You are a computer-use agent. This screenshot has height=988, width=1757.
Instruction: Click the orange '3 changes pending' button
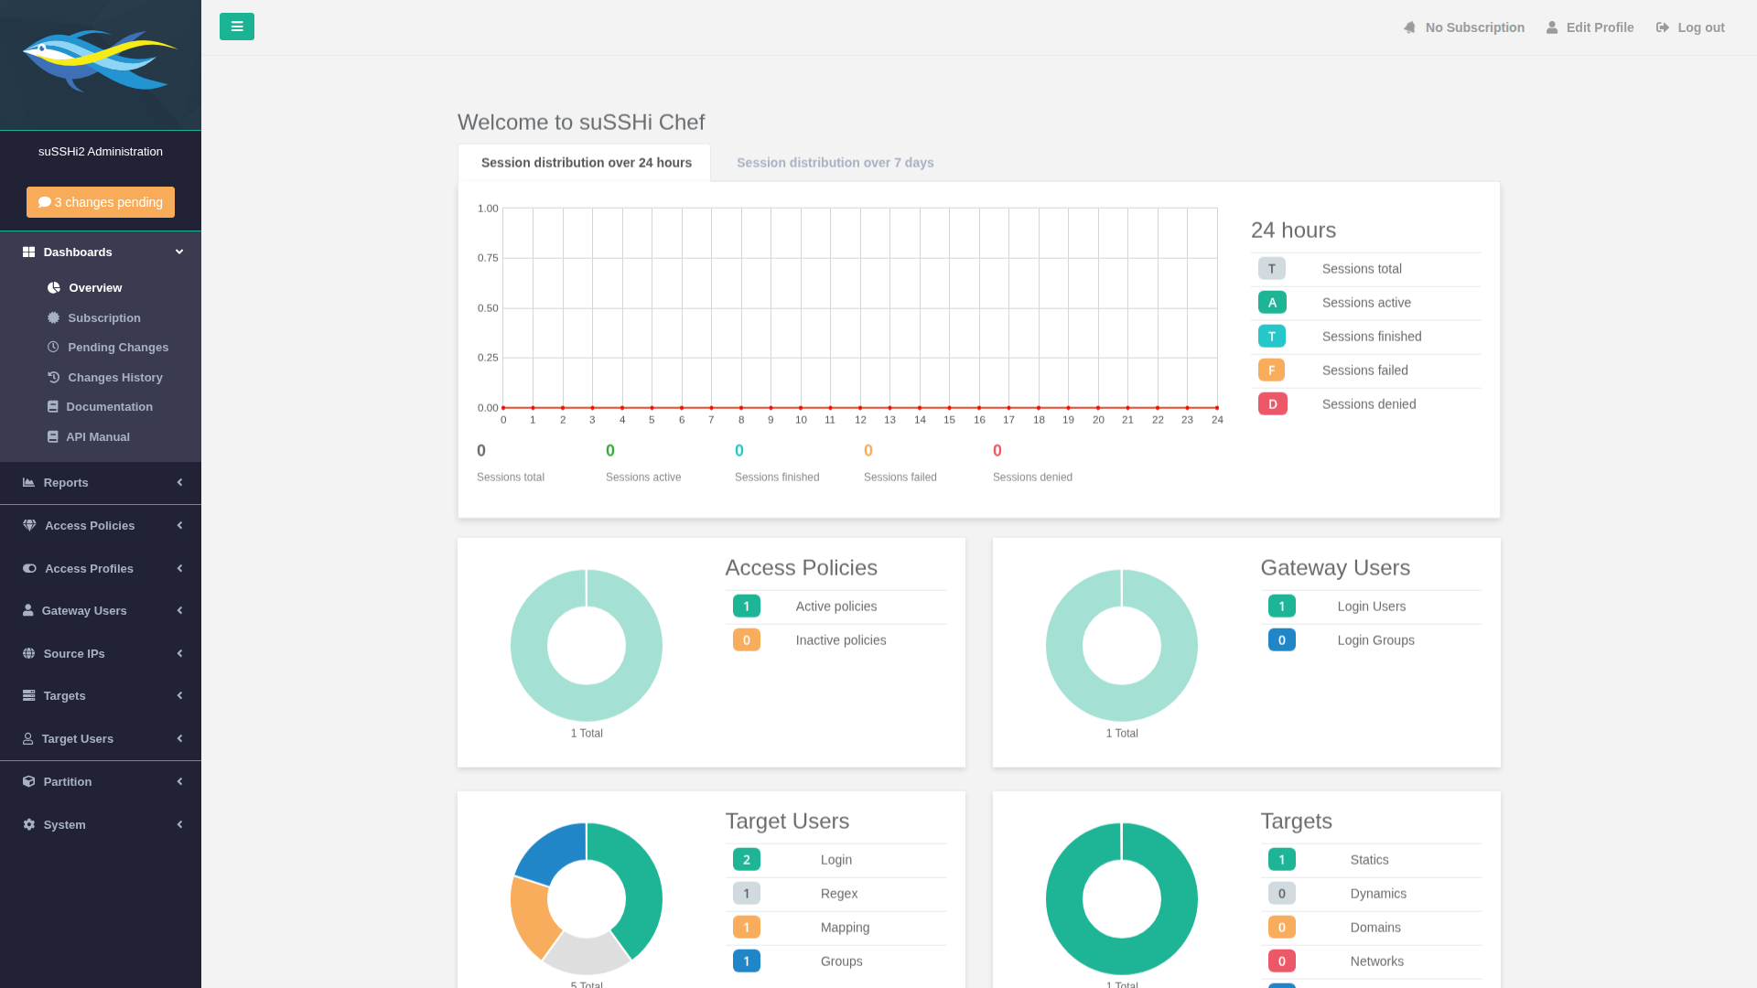tap(101, 202)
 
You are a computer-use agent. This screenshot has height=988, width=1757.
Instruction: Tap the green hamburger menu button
tap(237, 27)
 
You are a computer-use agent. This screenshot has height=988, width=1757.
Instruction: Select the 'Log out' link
tap(1690, 27)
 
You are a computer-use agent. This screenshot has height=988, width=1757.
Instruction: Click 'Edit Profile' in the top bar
tap(1590, 27)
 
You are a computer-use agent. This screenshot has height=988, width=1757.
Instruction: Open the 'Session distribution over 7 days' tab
tap(835, 163)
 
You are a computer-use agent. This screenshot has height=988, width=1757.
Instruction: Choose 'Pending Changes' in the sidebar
tap(118, 348)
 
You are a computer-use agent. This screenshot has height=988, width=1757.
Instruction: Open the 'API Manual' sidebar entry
tap(98, 437)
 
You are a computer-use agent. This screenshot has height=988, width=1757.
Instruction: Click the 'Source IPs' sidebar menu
tap(74, 653)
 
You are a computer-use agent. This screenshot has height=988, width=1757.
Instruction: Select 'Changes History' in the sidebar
tap(115, 378)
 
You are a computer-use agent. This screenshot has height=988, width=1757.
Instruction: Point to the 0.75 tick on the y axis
tap(488, 258)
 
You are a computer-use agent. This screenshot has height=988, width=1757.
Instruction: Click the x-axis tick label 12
tap(860, 420)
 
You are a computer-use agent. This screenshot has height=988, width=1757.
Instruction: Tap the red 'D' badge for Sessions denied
tap(1273, 403)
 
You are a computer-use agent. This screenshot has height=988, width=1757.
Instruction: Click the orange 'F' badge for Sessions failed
tap(1271, 370)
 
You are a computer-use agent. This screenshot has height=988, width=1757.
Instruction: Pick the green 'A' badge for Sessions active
tap(1272, 302)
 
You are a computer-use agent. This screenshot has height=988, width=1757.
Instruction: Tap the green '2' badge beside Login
tap(747, 859)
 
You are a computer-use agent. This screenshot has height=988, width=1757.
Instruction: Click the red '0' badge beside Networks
tap(1282, 961)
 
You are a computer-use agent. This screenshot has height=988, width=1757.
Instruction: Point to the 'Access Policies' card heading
tap(802, 567)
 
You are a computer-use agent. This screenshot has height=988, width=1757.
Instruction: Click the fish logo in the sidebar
tap(99, 60)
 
